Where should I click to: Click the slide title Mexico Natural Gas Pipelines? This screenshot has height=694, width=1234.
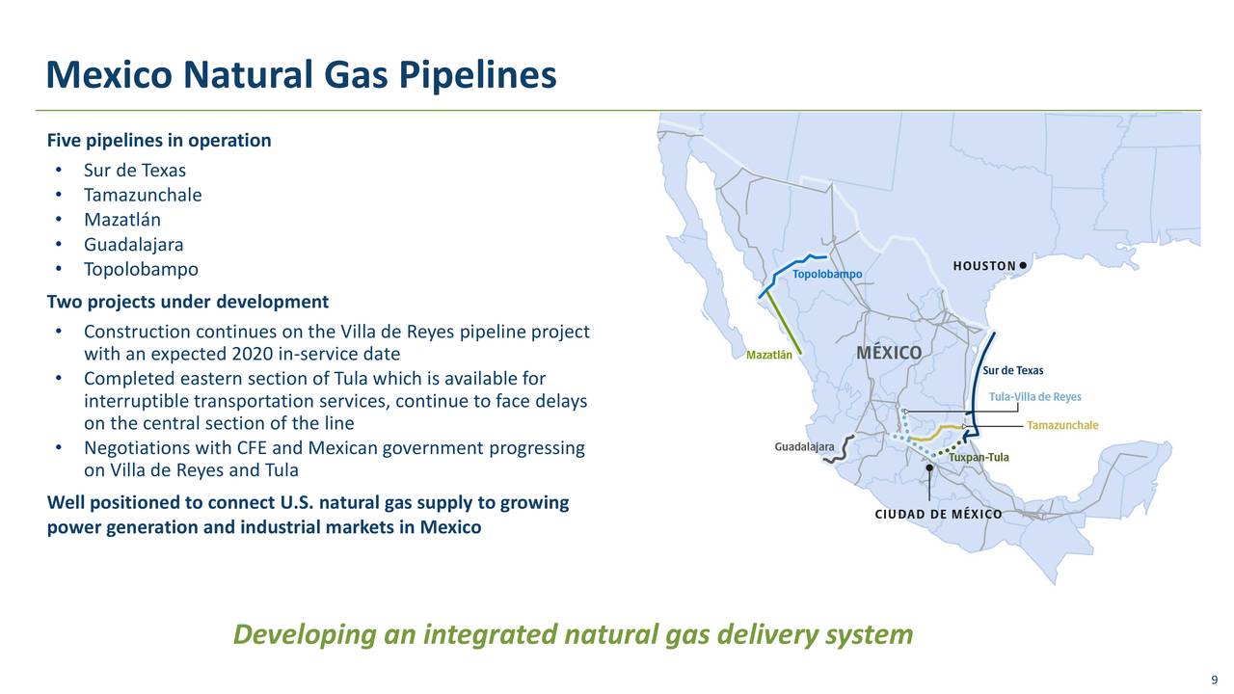(x=301, y=75)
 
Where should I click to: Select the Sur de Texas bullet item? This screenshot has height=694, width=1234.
(x=134, y=171)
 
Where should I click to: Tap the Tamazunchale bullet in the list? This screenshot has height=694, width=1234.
(x=143, y=195)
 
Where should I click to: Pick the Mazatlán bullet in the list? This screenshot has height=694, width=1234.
(x=122, y=220)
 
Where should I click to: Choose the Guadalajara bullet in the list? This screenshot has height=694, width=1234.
(x=133, y=245)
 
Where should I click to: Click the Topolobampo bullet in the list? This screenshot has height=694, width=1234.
(x=141, y=269)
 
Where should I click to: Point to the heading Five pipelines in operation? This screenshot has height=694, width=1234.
(x=159, y=141)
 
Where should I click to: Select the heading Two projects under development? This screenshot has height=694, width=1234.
(x=188, y=302)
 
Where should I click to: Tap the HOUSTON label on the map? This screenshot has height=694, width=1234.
(x=983, y=266)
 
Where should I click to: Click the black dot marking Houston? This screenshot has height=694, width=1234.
(x=1023, y=265)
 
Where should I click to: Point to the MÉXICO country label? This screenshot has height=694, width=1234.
(x=889, y=353)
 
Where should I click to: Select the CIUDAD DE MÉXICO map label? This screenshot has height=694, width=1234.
(x=937, y=514)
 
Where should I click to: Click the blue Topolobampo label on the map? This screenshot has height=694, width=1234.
(x=827, y=275)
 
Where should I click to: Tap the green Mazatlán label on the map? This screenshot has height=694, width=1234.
(x=769, y=355)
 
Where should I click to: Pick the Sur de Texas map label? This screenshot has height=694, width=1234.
(x=1012, y=371)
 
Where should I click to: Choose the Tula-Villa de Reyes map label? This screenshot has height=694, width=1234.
(x=1034, y=397)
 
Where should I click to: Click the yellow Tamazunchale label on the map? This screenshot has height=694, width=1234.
(x=1062, y=425)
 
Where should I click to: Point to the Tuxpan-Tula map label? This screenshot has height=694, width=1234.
(x=979, y=458)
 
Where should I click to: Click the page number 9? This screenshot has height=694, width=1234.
(x=1214, y=681)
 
